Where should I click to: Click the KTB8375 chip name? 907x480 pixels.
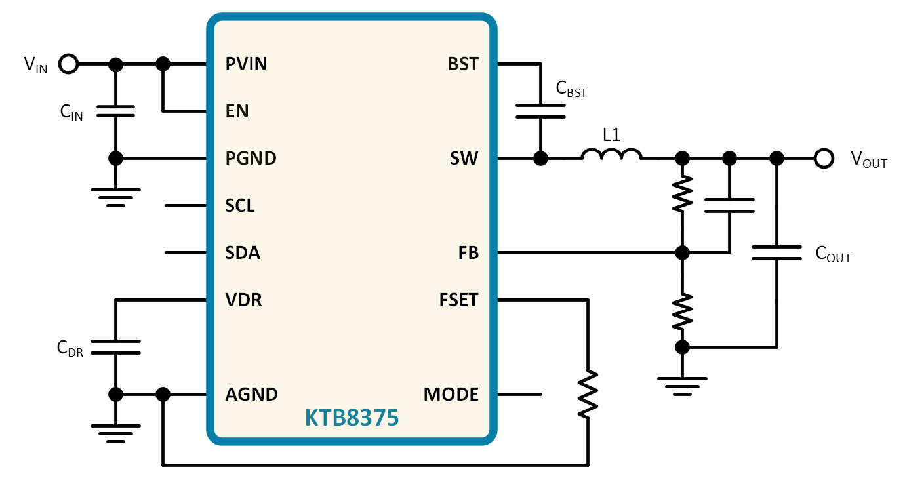[352, 418]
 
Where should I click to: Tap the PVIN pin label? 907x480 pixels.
[246, 64]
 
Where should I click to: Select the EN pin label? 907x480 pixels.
[237, 111]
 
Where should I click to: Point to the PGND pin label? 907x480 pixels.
[251, 158]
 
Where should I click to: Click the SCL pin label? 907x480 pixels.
[240, 206]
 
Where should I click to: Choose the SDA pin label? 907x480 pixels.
[243, 253]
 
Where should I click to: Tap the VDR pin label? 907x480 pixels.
[243, 300]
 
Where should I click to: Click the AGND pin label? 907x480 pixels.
[251, 394]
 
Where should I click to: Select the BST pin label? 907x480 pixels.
[463, 64]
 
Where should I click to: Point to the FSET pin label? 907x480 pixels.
[459, 300]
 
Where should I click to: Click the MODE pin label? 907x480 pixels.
[451, 394]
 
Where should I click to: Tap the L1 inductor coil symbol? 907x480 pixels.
[611, 154]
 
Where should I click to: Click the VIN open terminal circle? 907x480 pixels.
[68, 64]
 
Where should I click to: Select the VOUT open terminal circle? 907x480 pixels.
[824, 158]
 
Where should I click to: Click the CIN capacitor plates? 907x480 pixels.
[116, 111]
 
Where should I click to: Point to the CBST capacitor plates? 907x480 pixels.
[540, 111]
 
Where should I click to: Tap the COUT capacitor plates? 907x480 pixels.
[776, 253]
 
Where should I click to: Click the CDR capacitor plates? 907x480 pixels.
[116, 348]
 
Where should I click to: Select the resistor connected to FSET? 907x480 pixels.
[588, 394]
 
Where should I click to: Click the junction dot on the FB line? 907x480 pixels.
[682, 253]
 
